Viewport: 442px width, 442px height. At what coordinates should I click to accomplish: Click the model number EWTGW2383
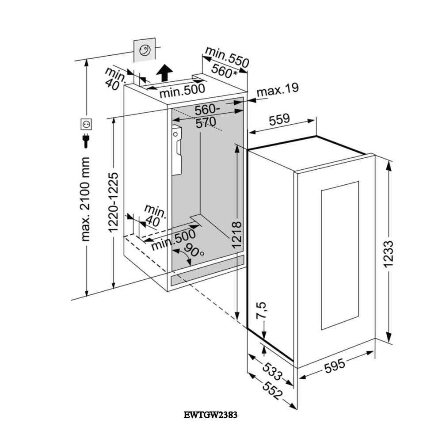point(210,415)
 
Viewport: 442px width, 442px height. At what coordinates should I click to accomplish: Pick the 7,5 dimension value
point(262,311)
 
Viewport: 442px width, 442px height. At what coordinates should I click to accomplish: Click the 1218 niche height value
point(237,234)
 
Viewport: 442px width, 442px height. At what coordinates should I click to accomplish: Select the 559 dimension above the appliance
point(279,119)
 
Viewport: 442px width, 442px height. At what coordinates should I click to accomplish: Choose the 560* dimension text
point(224,71)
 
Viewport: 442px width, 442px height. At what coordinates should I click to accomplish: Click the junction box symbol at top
point(145,50)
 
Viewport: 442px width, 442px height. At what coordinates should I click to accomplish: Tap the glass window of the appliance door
point(339,255)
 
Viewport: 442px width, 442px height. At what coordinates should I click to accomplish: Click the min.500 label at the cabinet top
point(182,91)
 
